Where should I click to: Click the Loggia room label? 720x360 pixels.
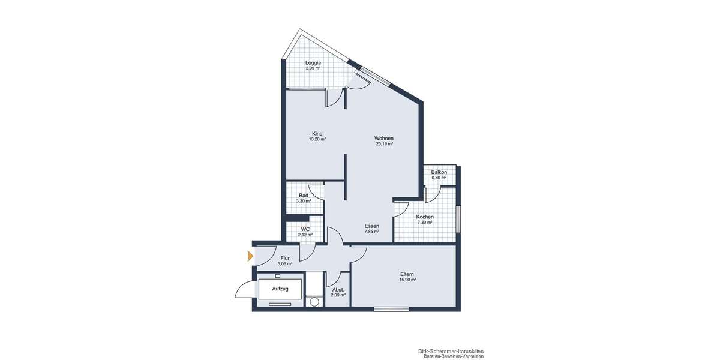[x=313, y=63]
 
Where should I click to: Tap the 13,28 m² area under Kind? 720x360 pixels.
[x=317, y=139]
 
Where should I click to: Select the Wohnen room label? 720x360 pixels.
[x=384, y=138]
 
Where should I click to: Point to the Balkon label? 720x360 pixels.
[x=439, y=172]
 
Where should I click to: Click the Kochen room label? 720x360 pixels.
[x=425, y=217]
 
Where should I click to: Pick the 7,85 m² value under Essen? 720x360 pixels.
[x=371, y=231]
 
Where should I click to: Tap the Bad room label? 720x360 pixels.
[x=304, y=196]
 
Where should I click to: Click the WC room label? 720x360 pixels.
[x=305, y=229]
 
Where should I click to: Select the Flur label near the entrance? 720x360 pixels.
[x=285, y=258]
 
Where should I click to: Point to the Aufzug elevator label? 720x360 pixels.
[x=280, y=289]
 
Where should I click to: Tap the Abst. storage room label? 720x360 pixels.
[x=338, y=290]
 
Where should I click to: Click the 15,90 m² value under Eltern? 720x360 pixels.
[x=407, y=280]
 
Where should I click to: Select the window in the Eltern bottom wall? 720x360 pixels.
[x=391, y=309]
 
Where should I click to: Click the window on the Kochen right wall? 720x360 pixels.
[x=458, y=219]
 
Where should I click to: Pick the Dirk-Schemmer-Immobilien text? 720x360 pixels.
[x=451, y=351]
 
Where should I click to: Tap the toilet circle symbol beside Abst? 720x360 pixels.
[x=314, y=301]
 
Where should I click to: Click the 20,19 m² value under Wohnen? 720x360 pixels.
[x=384, y=144]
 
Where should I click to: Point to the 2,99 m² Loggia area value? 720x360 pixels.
[x=313, y=68]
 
